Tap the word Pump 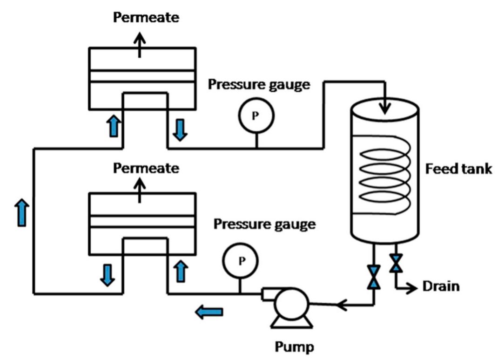click(x=294, y=346)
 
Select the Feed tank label click(x=458, y=168)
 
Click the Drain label click(x=440, y=286)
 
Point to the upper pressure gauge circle click(x=256, y=116)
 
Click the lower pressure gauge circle click(x=241, y=261)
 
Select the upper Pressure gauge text click(x=258, y=85)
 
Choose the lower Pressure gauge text click(x=264, y=224)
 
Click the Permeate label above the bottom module click(x=146, y=168)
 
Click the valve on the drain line click(x=396, y=264)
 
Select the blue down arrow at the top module click(x=180, y=129)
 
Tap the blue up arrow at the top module click(x=113, y=126)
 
